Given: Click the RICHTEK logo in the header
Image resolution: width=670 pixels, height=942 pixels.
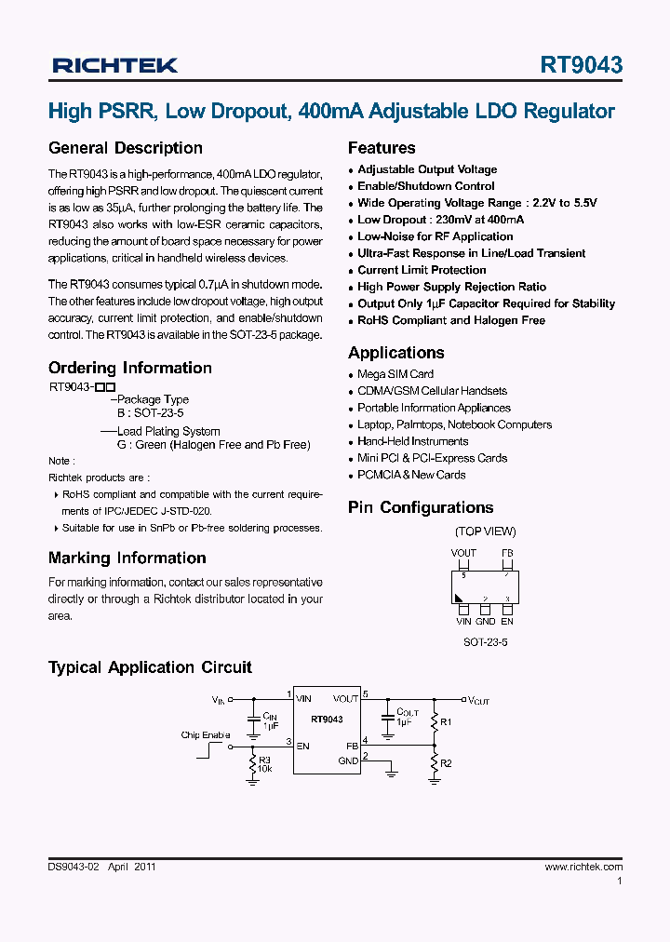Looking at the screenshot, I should click(114, 65).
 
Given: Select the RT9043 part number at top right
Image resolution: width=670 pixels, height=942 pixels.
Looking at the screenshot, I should click(581, 65).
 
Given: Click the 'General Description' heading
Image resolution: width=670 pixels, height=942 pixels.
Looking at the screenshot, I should click(126, 148).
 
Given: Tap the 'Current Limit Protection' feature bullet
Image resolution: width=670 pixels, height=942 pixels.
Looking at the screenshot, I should click(422, 270).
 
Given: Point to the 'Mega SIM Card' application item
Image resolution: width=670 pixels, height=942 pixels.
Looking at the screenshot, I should click(395, 374).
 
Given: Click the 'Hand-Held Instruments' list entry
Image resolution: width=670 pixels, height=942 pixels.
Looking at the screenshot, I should click(412, 441).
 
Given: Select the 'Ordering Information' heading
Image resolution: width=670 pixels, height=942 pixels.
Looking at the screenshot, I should click(130, 368).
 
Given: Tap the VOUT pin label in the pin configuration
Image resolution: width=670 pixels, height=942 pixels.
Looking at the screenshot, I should click(463, 553).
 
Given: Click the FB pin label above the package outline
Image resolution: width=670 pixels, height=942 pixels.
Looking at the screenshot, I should click(507, 553).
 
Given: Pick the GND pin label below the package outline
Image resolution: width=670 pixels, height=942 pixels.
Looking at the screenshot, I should click(485, 621).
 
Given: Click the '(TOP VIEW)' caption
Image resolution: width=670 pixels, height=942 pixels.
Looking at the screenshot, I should click(485, 532).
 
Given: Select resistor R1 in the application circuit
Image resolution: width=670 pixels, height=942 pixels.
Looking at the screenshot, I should click(434, 721).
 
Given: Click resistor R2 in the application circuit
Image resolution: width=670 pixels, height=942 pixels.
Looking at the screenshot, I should click(434, 763).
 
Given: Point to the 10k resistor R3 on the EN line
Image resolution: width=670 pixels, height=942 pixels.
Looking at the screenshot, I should click(252, 764).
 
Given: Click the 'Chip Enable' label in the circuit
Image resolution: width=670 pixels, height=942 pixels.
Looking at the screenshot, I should click(205, 735).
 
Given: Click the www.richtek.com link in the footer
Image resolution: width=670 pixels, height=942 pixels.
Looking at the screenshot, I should click(583, 867).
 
